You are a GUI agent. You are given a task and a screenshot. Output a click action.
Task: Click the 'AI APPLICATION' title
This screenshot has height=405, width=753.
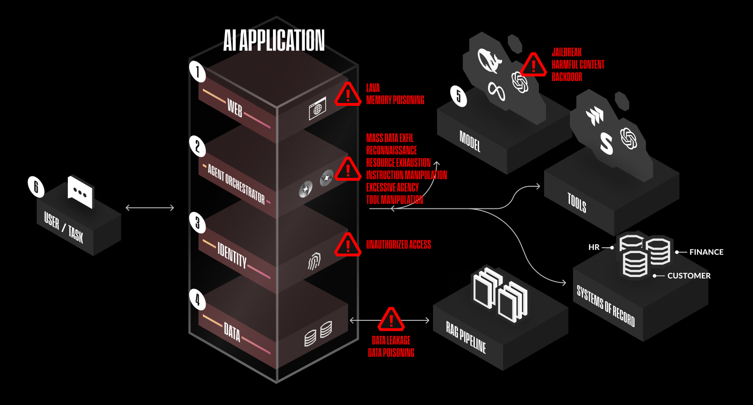(x=274, y=40)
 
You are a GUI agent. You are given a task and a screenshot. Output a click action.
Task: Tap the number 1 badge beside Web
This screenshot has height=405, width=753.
(x=198, y=71)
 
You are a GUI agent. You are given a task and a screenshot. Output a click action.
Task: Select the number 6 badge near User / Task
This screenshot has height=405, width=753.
(x=36, y=187)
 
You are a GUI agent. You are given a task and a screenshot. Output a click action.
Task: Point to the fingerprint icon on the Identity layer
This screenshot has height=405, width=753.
(x=314, y=261)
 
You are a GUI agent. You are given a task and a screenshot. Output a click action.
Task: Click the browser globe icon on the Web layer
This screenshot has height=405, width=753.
(x=318, y=109)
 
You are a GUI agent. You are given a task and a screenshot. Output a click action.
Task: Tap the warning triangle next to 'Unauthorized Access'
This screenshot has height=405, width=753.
(x=348, y=245)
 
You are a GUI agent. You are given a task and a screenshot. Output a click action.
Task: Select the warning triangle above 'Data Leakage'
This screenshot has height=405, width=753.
(x=391, y=320)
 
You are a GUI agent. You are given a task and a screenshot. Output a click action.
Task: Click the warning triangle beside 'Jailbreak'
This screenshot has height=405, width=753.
(x=533, y=64)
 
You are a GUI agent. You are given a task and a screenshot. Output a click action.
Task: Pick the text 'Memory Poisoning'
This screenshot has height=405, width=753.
(x=395, y=100)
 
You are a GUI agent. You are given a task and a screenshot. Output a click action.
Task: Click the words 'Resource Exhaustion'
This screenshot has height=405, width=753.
(x=398, y=163)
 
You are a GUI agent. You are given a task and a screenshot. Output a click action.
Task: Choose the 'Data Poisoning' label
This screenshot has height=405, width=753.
(x=391, y=353)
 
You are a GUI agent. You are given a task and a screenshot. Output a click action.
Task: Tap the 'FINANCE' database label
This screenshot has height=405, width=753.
(x=706, y=252)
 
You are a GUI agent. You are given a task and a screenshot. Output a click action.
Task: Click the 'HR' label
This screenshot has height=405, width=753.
(x=594, y=247)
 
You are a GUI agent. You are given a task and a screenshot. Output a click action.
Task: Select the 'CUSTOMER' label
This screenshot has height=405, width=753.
(x=689, y=276)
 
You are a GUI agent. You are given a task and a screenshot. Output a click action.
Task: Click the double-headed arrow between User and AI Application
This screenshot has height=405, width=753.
(x=150, y=207)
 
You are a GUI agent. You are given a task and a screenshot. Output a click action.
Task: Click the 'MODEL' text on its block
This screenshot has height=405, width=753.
(x=470, y=141)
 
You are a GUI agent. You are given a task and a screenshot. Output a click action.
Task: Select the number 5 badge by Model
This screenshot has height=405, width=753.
(x=458, y=96)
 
